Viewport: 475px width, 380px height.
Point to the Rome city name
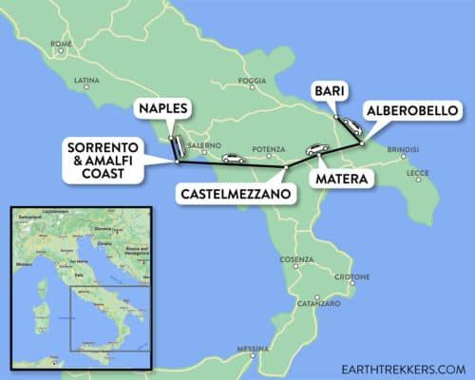click(x=62, y=44)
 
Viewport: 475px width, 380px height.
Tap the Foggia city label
click(x=253, y=81)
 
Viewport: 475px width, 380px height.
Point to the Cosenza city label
click(x=296, y=259)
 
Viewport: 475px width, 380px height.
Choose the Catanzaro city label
click(x=318, y=304)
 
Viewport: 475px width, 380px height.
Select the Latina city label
click(x=86, y=80)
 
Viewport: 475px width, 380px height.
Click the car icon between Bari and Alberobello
click(x=351, y=126)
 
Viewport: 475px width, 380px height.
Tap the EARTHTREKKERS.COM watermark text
click(x=393, y=369)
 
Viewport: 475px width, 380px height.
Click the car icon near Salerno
click(x=231, y=159)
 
